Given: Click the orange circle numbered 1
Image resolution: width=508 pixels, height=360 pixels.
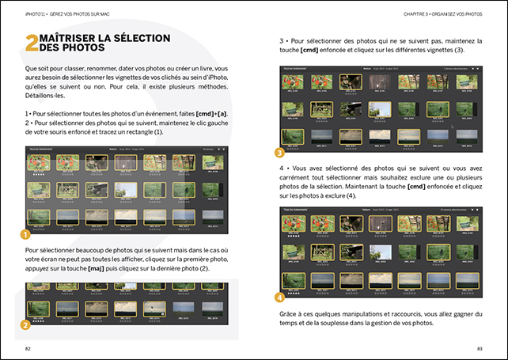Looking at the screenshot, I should [25, 234].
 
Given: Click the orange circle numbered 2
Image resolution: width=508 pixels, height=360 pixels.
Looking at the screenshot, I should [25, 324].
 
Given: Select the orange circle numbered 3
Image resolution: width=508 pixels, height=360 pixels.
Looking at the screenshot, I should [279, 152].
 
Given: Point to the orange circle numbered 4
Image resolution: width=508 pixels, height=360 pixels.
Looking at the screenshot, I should [279, 297].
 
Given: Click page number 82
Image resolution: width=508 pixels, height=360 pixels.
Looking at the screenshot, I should [28, 348].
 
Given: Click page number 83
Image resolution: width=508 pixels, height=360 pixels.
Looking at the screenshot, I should [479, 348].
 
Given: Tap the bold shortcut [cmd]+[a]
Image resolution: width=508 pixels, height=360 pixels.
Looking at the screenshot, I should [209, 115].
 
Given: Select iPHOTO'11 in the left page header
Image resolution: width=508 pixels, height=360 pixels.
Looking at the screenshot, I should [36, 13].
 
